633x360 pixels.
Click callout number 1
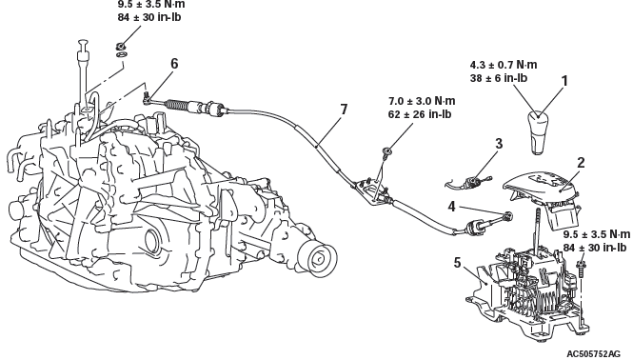(564, 81)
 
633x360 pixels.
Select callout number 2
(581, 163)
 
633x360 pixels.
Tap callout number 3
(499, 144)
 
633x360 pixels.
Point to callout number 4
(452, 207)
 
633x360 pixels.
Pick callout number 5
(457, 263)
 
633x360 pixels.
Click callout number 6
(174, 64)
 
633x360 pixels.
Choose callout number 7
(344, 110)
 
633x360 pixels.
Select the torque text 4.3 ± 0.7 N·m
(504, 65)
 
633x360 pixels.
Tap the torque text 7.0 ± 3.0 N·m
(422, 101)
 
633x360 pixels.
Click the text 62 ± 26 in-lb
(420, 114)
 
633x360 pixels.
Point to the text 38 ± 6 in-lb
(499, 78)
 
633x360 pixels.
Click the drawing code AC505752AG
(593, 354)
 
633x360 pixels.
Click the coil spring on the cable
(176, 104)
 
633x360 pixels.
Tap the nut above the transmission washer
(121, 46)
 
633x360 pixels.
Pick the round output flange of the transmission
(318, 257)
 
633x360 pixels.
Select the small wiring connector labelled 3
(469, 182)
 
